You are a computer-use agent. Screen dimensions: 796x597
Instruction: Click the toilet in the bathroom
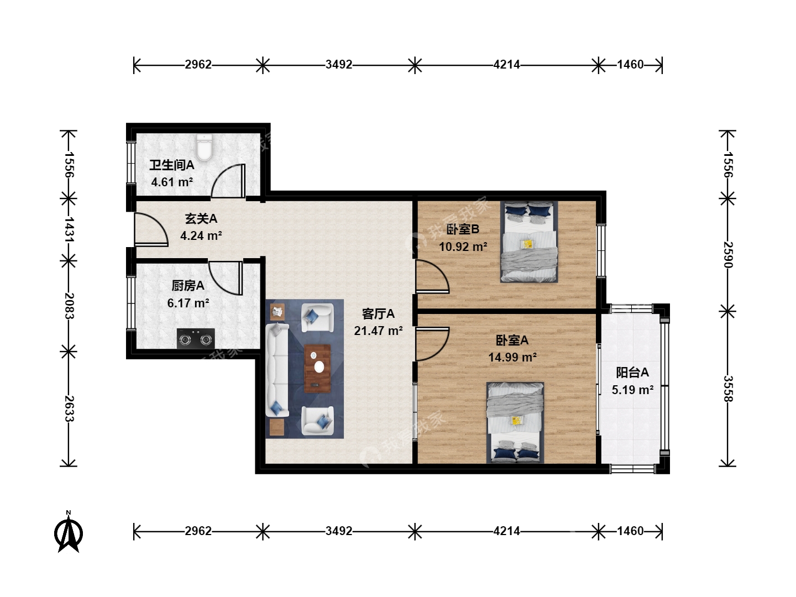(205, 148)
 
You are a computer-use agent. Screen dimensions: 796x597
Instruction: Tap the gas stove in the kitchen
(196, 339)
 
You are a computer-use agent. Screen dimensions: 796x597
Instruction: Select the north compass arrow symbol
(69, 532)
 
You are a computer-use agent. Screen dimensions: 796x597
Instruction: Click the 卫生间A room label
(171, 165)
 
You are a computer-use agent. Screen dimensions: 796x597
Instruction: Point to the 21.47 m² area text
(378, 331)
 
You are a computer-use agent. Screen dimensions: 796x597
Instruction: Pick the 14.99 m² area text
(512, 358)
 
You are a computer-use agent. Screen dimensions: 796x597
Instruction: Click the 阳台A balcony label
(632, 372)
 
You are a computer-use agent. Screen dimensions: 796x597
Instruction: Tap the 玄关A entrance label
(201, 218)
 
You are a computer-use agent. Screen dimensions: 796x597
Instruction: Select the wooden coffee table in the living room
(317, 368)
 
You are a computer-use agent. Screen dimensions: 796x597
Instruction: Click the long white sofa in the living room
(277, 370)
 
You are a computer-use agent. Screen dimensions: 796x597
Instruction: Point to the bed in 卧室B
(529, 242)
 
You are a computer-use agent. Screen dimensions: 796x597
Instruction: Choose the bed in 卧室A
(515, 423)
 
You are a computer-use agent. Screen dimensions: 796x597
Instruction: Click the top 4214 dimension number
(506, 65)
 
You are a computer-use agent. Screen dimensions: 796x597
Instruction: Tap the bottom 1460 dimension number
(630, 531)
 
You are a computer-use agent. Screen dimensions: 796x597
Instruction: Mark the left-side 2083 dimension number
(69, 306)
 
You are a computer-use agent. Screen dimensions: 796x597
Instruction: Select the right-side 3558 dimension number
(728, 389)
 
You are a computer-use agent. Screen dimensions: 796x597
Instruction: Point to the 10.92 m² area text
(463, 247)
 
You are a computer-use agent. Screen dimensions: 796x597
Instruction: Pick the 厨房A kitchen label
(188, 286)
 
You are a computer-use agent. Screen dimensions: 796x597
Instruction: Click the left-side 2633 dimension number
(69, 409)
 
